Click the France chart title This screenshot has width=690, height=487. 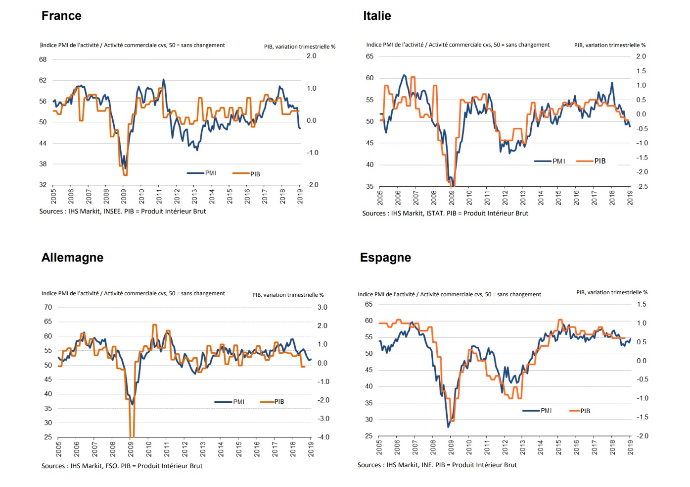click(61, 16)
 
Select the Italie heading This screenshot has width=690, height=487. click(377, 16)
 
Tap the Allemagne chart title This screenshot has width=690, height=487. click(72, 258)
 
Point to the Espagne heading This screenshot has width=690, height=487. click(385, 258)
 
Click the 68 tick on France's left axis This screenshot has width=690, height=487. click(43, 59)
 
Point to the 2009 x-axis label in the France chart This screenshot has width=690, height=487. click(124, 196)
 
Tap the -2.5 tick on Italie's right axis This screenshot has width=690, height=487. click(642, 187)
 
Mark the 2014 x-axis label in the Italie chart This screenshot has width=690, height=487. click(541, 198)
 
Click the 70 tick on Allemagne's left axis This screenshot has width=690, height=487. click(48, 307)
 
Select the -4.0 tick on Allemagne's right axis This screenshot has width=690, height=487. click(323, 437)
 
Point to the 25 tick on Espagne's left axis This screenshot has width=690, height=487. click(369, 436)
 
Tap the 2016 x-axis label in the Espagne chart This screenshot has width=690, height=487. click(576, 447)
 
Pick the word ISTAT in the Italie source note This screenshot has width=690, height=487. click(435, 214)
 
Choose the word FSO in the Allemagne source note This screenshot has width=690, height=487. click(111, 466)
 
